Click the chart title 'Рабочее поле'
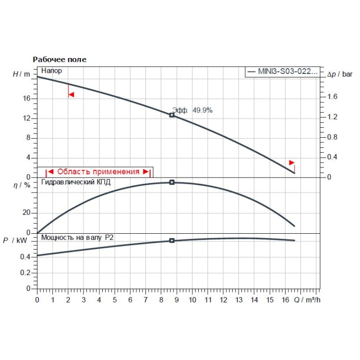coord(60,60)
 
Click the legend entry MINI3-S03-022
coord(282,72)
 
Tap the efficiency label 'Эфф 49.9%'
coord(192,110)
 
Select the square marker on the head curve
coord(172,115)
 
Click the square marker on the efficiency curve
coord(172,182)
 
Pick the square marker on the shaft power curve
coord(172,240)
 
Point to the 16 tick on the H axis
coord(27,98)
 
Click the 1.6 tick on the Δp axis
coord(332,97)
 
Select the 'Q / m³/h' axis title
coord(307,300)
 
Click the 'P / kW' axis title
coord(15,240)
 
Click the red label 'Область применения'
coord(98,171)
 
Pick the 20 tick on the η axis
coord(27,213)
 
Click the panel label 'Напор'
coord(52,71)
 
